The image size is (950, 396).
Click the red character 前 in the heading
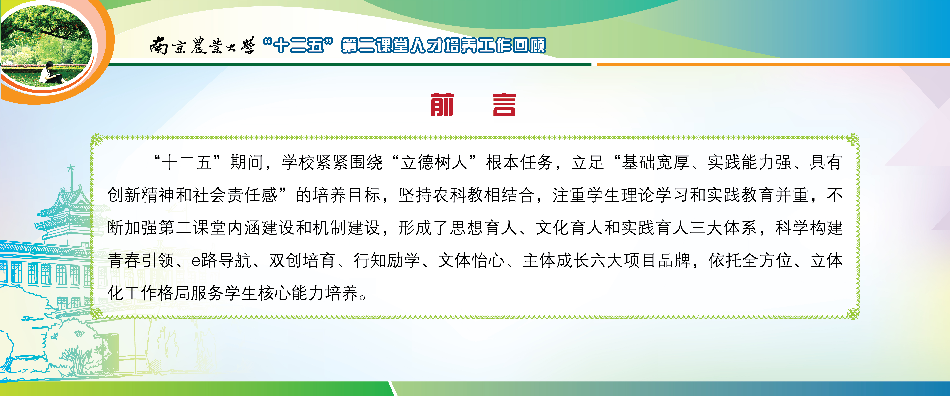coord(442,104)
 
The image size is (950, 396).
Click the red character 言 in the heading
coord(504,104)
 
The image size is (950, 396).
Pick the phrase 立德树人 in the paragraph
coord(434,162)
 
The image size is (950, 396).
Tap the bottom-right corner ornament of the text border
coord(853,314)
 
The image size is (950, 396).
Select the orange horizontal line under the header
coord(773,65)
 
